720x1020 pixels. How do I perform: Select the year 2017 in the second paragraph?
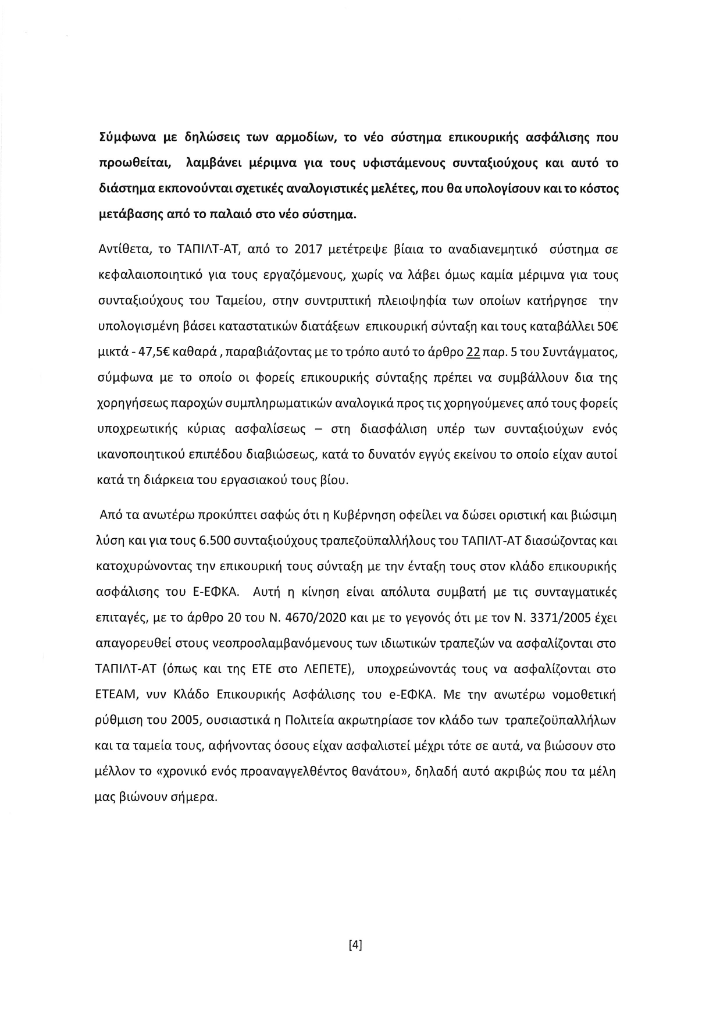(x=312, y=250)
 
